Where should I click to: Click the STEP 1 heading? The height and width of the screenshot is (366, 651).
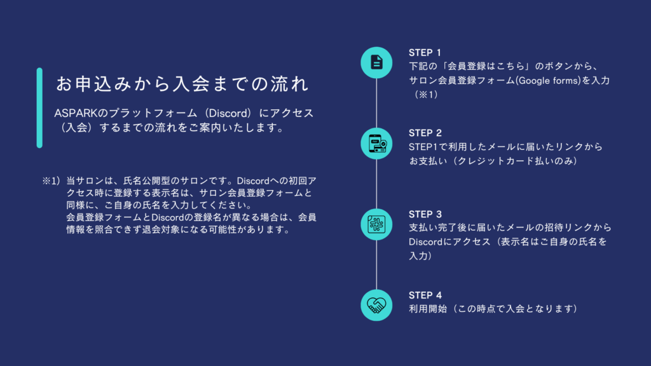425,53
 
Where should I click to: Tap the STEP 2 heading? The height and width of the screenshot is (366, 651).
425,133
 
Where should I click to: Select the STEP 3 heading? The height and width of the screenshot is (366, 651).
425,214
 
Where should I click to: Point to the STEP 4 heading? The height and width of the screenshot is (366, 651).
425,295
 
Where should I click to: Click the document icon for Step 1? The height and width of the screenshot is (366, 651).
376,63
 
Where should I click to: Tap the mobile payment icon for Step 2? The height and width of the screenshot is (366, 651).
376,144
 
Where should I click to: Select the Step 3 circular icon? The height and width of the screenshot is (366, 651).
376,224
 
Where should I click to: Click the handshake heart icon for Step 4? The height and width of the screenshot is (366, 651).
376,306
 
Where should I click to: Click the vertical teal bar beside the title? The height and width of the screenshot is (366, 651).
39,108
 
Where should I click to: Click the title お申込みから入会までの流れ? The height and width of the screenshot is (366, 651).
182,84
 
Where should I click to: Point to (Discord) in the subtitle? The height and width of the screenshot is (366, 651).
229,113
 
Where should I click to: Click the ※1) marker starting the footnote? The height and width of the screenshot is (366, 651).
51,181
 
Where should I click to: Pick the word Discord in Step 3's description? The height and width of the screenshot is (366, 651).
425,241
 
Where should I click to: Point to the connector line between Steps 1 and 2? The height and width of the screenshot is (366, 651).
376,103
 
